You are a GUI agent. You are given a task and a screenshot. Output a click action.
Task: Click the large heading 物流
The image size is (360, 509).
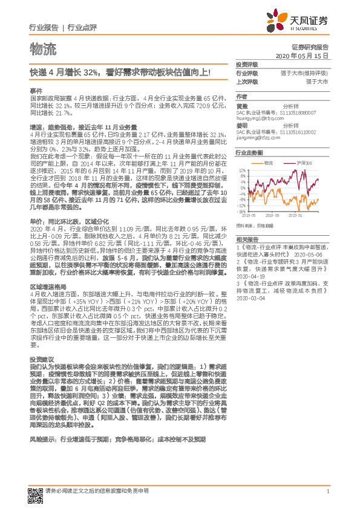[x=42, y=48]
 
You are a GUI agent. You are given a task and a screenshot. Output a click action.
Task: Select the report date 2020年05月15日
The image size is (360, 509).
[x=301, y=55]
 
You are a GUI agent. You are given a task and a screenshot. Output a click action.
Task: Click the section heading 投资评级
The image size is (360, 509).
[x=246, y=64]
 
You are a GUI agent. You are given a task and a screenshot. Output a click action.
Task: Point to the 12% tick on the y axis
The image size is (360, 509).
[x=243, y=170]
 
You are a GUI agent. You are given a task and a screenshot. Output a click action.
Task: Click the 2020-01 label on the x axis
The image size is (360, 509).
[x=295, y=215]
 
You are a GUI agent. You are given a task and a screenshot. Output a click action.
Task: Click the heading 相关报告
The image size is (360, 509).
[x=246, y=239]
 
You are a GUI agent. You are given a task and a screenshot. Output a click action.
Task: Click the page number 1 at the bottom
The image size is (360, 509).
[x=327, y=491]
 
